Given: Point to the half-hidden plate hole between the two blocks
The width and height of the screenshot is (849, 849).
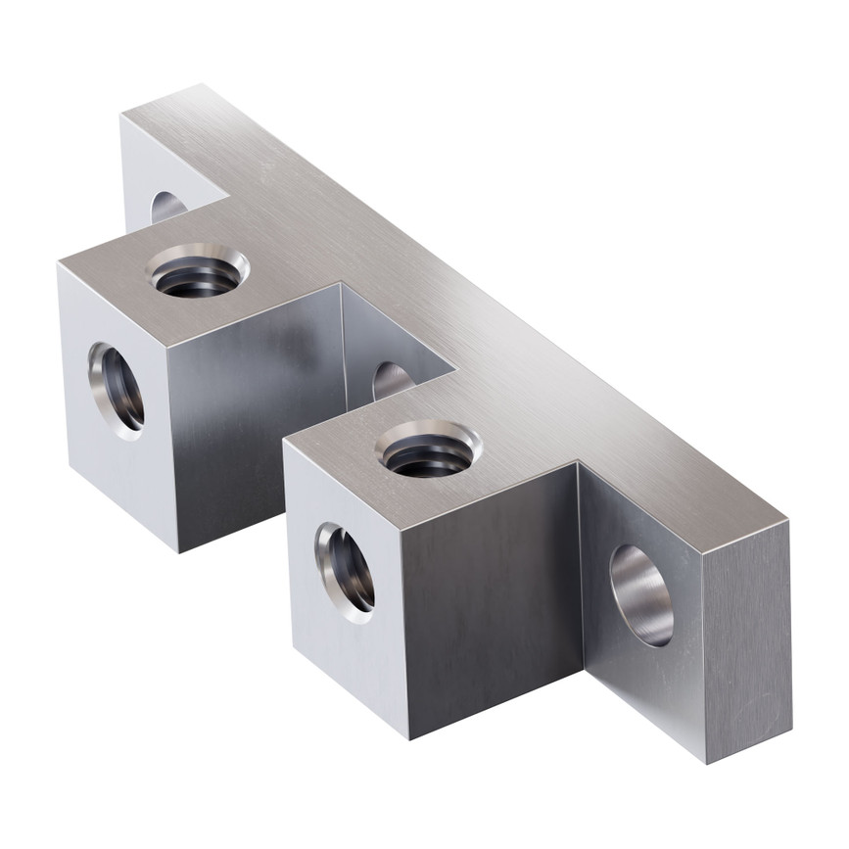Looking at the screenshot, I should pos(392,380).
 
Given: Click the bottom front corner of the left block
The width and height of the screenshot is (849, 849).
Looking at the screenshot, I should pos(180,551).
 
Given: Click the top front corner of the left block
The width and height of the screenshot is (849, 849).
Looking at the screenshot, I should pos(167,345).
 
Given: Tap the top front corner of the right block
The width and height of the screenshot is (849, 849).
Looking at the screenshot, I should pos(401,526).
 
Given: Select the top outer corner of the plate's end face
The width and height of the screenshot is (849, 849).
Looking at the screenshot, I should pos(789,522).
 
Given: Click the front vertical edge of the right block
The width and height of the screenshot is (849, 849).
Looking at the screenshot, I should pos(405,632).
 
